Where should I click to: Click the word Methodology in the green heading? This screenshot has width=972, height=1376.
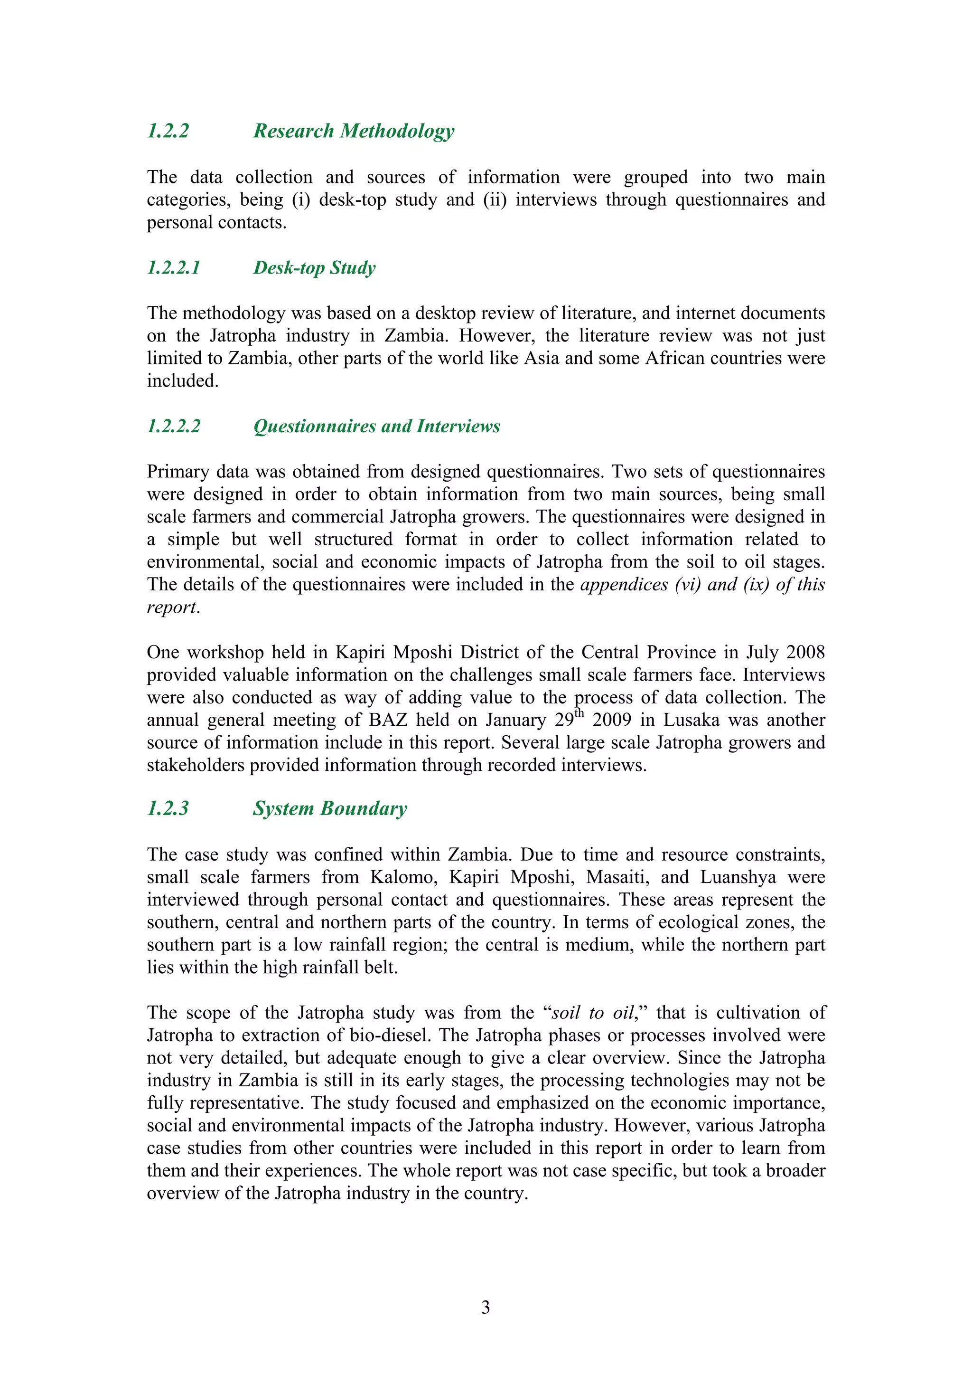coord(397,131)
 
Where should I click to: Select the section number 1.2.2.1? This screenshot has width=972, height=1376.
coord(174,268)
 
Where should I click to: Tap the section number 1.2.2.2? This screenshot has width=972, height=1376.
coord(174,426)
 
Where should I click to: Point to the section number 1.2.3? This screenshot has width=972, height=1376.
coord(168,808)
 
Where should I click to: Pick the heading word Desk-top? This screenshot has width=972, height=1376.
coord(289,268)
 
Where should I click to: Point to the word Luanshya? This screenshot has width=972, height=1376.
coord(738,877)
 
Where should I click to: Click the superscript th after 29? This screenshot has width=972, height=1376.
coord(579,713)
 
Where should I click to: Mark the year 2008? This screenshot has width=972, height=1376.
coord(805,652)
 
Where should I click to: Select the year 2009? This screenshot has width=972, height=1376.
coord(611,720)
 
